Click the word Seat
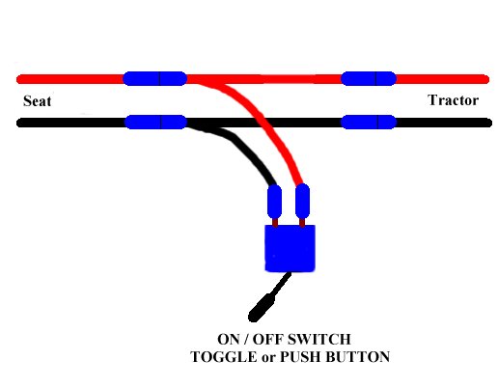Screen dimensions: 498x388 click(37, 101)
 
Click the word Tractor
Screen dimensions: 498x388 click(453, 100)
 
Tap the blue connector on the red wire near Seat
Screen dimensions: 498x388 click(154, 78)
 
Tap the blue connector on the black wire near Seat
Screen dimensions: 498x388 click(155, 122)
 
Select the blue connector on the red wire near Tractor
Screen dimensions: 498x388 click(369, 78)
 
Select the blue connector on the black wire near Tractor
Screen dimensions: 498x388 click(369, 122)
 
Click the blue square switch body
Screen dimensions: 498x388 click(290, 248)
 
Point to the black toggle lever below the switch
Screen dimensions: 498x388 click(269, 297)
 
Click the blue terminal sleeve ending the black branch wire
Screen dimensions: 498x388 click(274, 202)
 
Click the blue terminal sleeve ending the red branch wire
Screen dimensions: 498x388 click(302, 201)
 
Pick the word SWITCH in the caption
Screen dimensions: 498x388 click(318, 339)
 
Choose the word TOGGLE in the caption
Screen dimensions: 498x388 click(224, 357)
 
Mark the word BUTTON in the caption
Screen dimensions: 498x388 click(358, 357)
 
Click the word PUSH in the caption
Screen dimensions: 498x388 click(301, 357)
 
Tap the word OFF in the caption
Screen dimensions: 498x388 click(267, 339)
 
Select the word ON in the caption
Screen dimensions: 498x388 click(229, 339)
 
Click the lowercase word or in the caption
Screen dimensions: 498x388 click(268, 358)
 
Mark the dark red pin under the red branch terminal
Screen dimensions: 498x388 click(302, 222)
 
